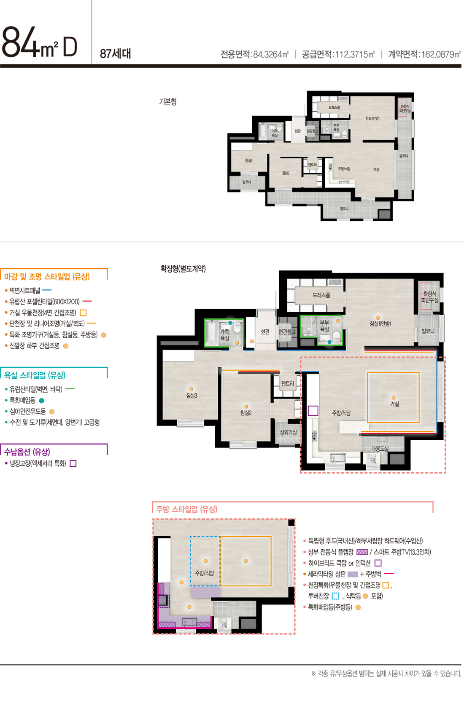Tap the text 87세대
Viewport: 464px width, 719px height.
pos(115,54)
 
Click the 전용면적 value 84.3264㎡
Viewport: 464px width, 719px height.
pos(270,54)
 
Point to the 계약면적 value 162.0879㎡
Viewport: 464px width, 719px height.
pos(441,54)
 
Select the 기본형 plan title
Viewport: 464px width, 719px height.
pos(168,102)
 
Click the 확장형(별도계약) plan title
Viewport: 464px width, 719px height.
pos(183,268)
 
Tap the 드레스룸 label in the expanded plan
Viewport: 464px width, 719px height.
pos(321,295)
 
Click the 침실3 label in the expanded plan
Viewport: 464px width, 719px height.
pos(192,396)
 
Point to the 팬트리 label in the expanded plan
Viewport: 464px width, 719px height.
pos(287,383)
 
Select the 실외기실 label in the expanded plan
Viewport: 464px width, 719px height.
pos(288,433)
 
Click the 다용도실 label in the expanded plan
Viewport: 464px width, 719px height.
pos(380,449)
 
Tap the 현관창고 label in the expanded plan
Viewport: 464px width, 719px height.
pos(287,332)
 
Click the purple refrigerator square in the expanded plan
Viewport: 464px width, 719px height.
pos(313,411)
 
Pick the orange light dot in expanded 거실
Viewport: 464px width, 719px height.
pos(394,397)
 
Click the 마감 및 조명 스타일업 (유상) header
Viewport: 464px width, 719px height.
pos(47,277)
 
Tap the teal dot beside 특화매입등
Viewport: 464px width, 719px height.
pos(41,401)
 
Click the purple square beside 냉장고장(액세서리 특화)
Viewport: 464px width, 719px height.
pos(73,463)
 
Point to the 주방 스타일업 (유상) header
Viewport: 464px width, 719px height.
pos(187,509)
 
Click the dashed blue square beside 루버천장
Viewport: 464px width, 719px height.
pos(335,596)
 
